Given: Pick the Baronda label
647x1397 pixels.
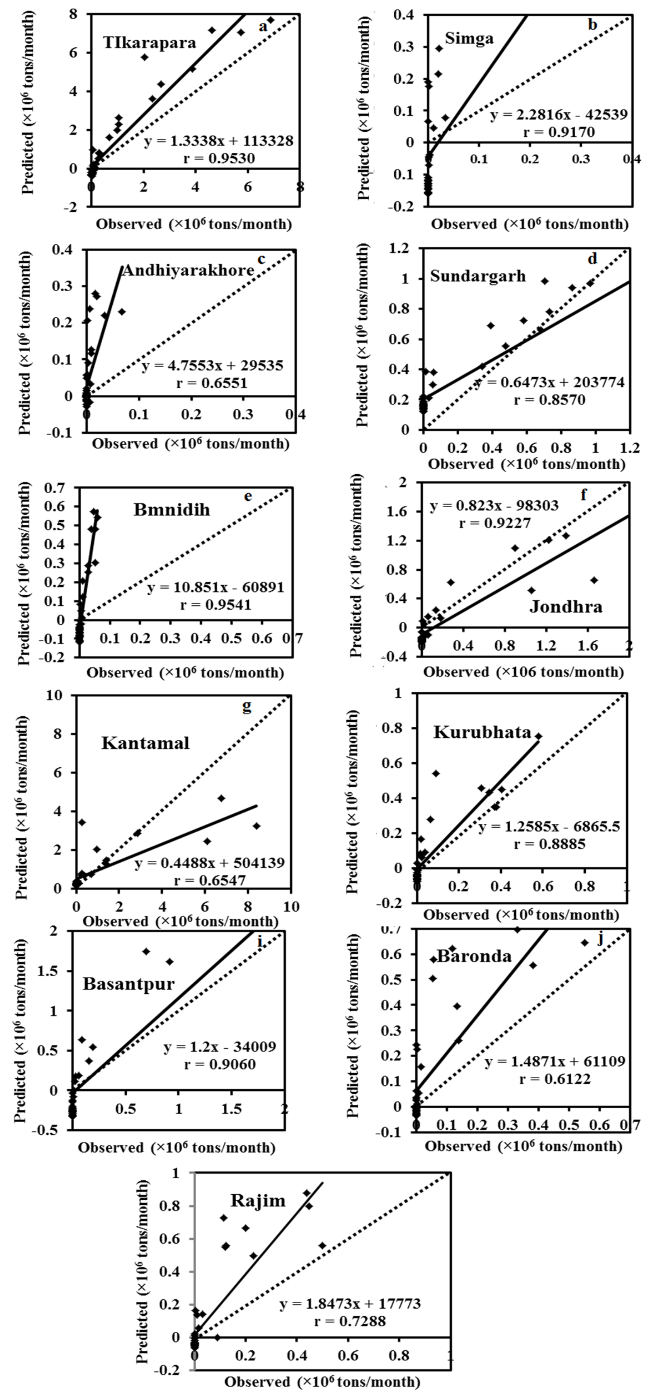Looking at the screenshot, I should pos(474,956).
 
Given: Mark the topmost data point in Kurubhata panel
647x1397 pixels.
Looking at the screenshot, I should pos(538,736).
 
